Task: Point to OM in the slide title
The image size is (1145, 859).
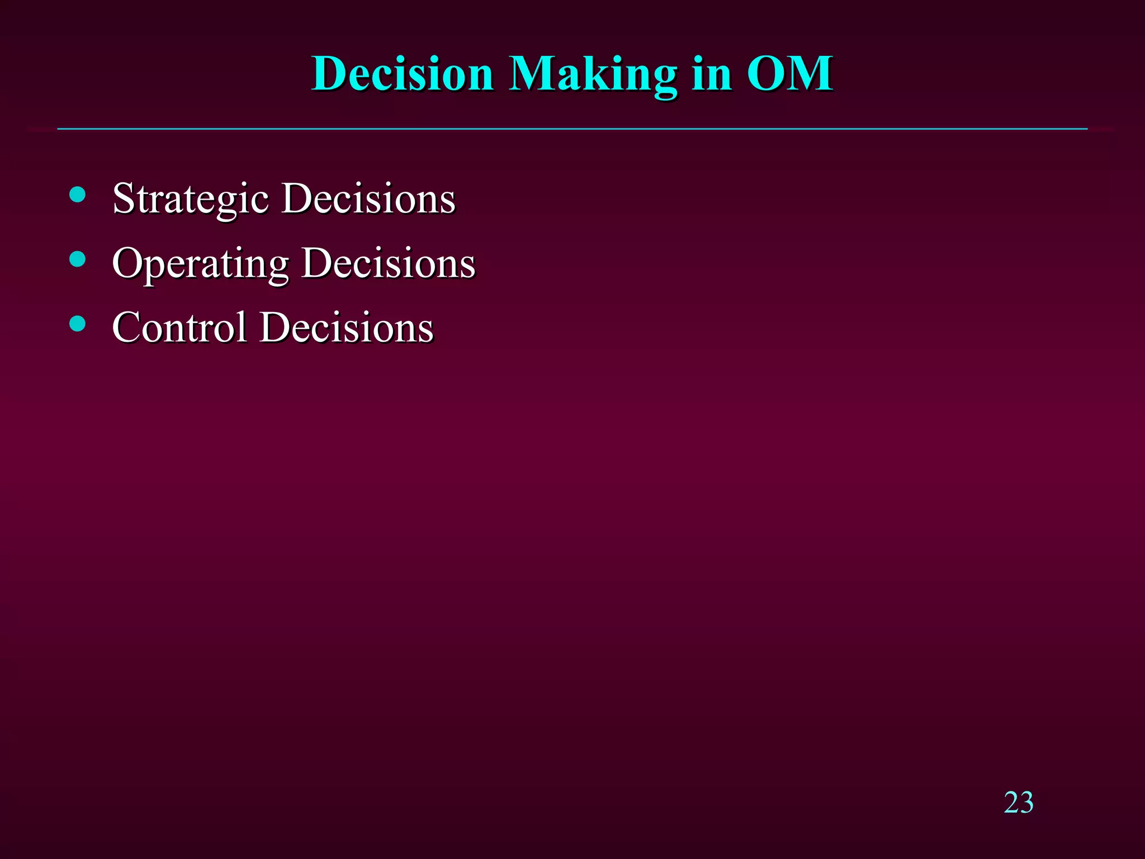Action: click(790, 74)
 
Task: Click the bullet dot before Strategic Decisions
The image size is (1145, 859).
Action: click(78, 195)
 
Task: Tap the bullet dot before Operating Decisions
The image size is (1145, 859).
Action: click(78, 259)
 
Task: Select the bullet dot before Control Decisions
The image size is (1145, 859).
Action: click(78, 323)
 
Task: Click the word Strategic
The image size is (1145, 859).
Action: click(190, 199)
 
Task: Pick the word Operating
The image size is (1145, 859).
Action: click(200, 263)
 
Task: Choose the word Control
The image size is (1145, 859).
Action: click(179, 328)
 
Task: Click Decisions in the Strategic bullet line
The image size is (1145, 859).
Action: click(368, 199)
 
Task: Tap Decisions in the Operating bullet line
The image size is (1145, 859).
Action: click(388, 263)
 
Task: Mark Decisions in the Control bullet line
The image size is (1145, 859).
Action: click(347, 328)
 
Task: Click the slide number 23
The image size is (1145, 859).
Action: click(1018, 803)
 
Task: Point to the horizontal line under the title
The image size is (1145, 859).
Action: click(572, 129)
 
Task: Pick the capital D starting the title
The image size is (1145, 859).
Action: click(330, 74)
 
